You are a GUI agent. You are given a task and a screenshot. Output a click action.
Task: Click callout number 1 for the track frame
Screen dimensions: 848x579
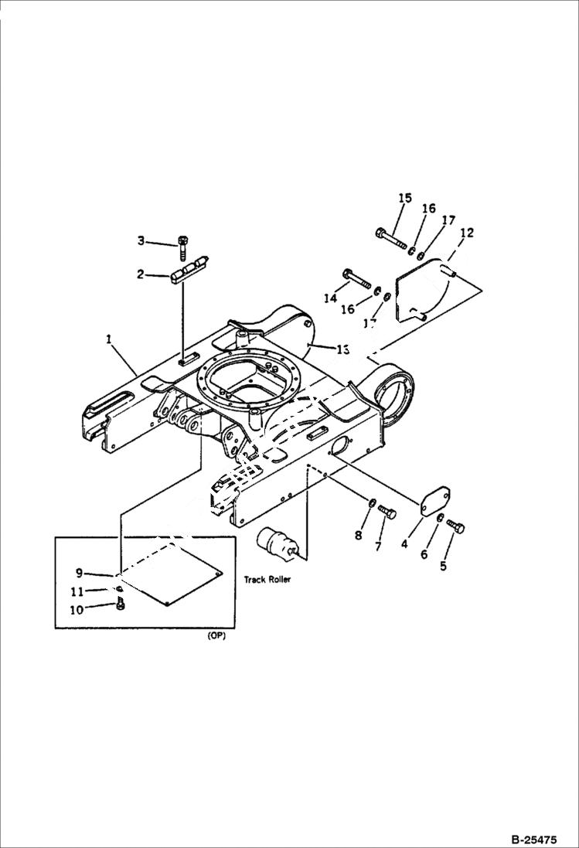(109, 339)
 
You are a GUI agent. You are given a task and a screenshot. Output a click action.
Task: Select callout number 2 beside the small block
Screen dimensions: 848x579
(141, 274)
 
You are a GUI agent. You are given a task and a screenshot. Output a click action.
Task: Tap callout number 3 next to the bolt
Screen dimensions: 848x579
(141, 241)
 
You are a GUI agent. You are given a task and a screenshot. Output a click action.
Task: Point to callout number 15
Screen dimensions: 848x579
(405, 199)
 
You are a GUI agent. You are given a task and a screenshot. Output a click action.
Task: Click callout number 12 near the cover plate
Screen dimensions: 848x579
(466, 232)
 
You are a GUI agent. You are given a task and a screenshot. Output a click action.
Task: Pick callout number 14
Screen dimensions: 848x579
(331, 298)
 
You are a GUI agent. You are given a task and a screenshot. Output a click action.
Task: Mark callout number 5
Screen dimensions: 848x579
(443, 566)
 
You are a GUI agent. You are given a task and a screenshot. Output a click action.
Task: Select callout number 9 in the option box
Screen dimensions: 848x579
(79, 573)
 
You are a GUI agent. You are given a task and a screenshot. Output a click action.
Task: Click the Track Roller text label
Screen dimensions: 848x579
(267, 579)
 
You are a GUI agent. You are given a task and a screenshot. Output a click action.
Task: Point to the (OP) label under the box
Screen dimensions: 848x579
(216, 637)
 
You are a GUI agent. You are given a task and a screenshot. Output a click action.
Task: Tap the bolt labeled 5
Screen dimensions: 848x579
(455, 528)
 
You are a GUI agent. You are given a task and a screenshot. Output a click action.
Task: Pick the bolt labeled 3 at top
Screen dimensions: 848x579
(182, 245)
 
